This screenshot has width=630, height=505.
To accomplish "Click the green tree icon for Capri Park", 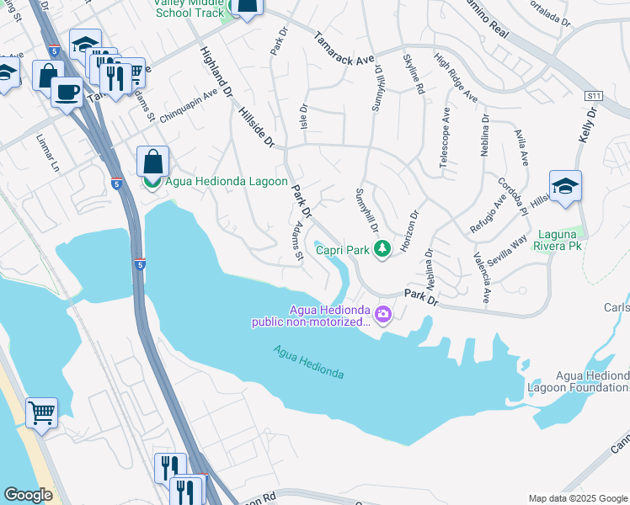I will pyautogui.click(x=382, y=249).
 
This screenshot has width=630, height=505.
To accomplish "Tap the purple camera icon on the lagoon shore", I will pyautogui.click(x=384, y=315).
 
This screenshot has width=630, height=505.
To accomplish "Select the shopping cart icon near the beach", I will pyautogui.click(x=41, y=413).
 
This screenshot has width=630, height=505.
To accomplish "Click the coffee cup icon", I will pyautogui.click(x=67, y=91).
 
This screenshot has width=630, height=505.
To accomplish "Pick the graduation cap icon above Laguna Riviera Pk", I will pyautogui.click(x=565, y=187).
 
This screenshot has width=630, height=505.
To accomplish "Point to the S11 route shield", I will pyautogui.click(x=594, y=97).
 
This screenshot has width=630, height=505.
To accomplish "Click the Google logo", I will pyautogui.click(x=28, y=495).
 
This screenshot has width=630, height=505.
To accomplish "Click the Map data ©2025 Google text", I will pyautogui.click(x=578, y=497).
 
